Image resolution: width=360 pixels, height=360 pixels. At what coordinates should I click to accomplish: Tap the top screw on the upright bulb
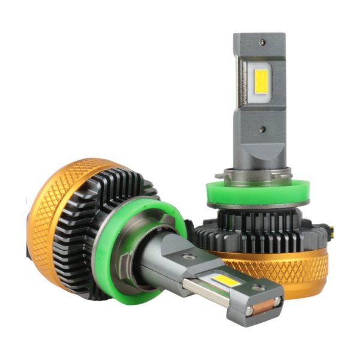pyautogui.click(x=263, y=43)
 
